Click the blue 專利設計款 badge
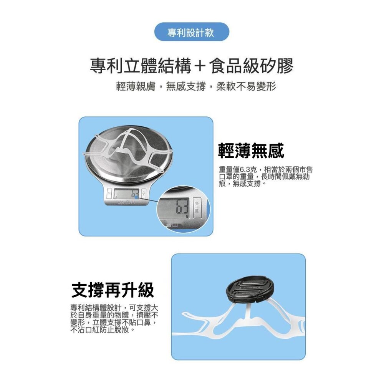tap(191, 32)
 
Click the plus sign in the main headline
tap(198, 66)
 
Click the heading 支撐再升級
tap(113, 290)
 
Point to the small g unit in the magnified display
tap(187, 217)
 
